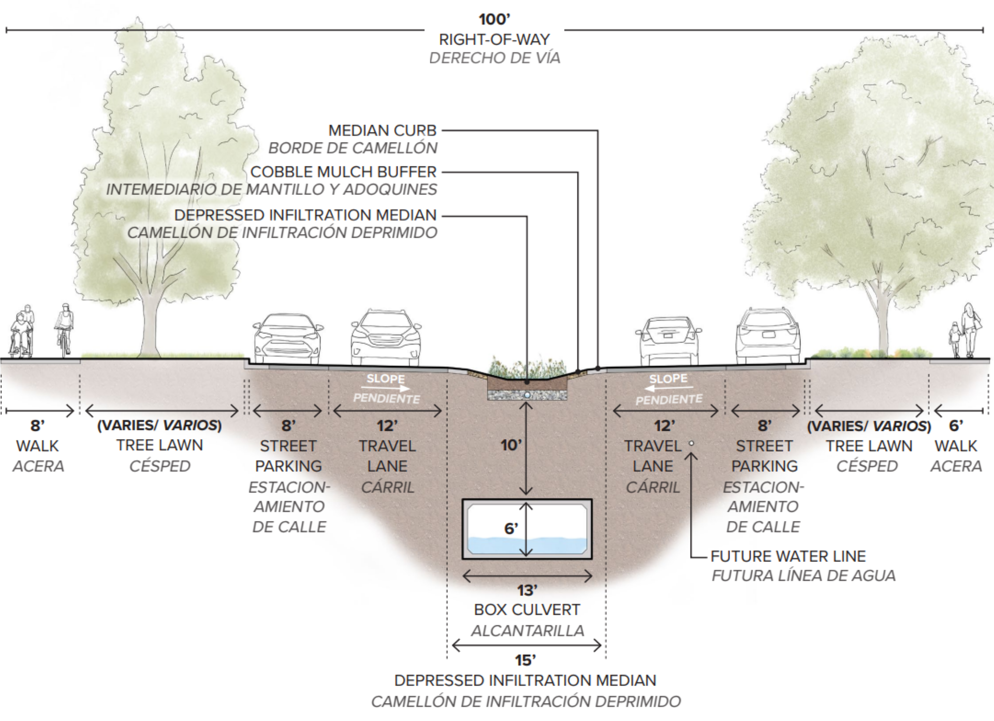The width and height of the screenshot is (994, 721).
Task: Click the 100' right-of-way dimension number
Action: pyautogui.click(x=494, y=19)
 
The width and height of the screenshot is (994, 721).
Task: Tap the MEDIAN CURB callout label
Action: pyautogui.click(x=383, y=130)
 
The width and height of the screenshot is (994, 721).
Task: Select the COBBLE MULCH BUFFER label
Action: pyautogui.click(x=343, y=171)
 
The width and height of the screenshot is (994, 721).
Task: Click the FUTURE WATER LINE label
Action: pyautogui.click(x=788, y=556)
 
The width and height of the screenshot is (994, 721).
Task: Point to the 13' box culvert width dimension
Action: pyautogui.click(x=527, y=590)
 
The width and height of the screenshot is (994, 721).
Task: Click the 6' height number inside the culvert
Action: pyautogui.click(x=511, y=528)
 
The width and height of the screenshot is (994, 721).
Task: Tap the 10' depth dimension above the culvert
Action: pyautogui.click(x=511, y=445)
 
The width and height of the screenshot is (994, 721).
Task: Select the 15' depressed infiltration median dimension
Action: pyautogui.click(x=525, y=660)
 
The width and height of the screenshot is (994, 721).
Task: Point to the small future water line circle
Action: pyautogui.click(x=691, y=443)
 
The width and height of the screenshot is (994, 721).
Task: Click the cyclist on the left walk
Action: pyautogui.click(x=64, y=330)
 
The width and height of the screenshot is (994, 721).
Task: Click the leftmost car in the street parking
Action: pyautogui.click(x=287, y=339)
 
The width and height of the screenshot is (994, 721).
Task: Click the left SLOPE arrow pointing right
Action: pyautogui.click(x=386, y=388)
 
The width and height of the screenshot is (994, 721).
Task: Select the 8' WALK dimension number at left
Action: pyautogui.click(x=37, y=426)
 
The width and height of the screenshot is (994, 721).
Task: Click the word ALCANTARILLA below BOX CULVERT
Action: pyautogui.click(x=527, y=630)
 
